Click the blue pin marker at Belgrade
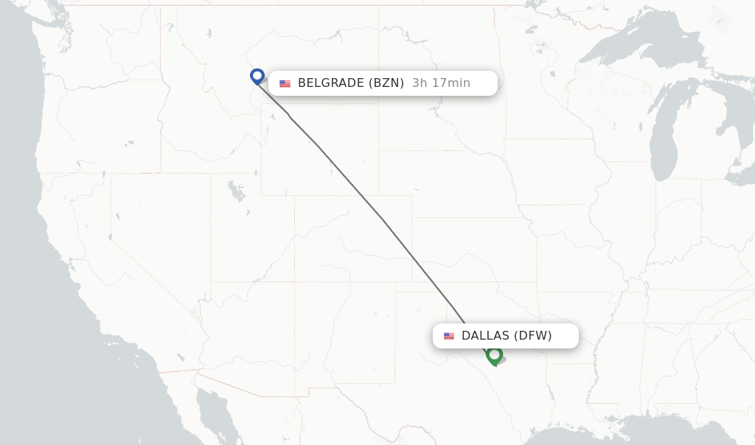257,76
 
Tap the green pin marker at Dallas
494,355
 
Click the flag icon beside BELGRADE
285,83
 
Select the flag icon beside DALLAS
449,336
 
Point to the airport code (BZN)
386,83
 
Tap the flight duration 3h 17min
441,83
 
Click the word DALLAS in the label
485,336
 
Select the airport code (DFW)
532,336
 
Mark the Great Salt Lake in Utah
236,191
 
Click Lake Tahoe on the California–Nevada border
117,217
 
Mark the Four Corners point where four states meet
294,281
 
